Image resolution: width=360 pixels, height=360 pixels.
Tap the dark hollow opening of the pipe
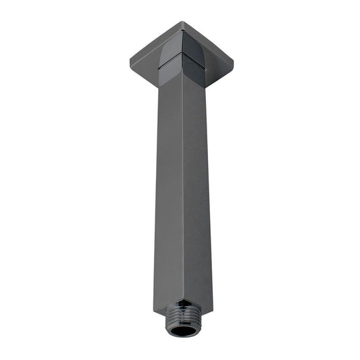coord(184,330)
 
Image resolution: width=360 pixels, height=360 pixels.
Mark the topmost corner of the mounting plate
coord(183,22)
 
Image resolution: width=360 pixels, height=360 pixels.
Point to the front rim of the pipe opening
coord(184,336)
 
